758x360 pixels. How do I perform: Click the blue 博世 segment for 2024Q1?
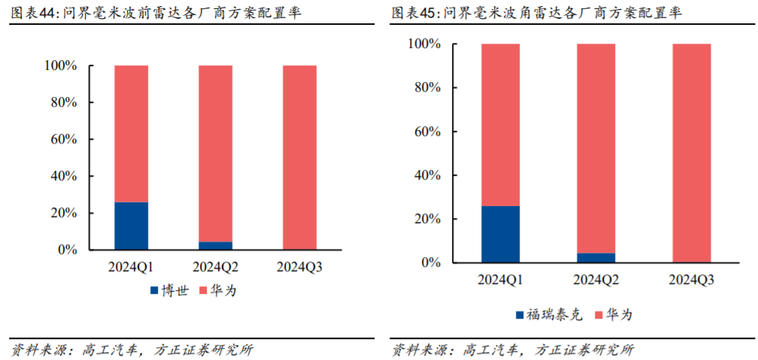131,225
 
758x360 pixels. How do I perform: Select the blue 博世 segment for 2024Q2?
215,245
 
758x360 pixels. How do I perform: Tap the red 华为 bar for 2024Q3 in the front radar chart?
299,157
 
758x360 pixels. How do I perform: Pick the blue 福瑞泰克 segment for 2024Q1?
500,234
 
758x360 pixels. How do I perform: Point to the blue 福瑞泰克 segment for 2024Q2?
596,258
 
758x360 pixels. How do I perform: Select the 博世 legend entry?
169,290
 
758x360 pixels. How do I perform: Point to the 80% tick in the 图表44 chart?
62,102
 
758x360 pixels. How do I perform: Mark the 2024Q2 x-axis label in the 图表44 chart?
215,267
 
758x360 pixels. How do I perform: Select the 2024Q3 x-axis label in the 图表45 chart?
691,280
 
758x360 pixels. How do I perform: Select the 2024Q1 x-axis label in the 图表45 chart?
500,280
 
